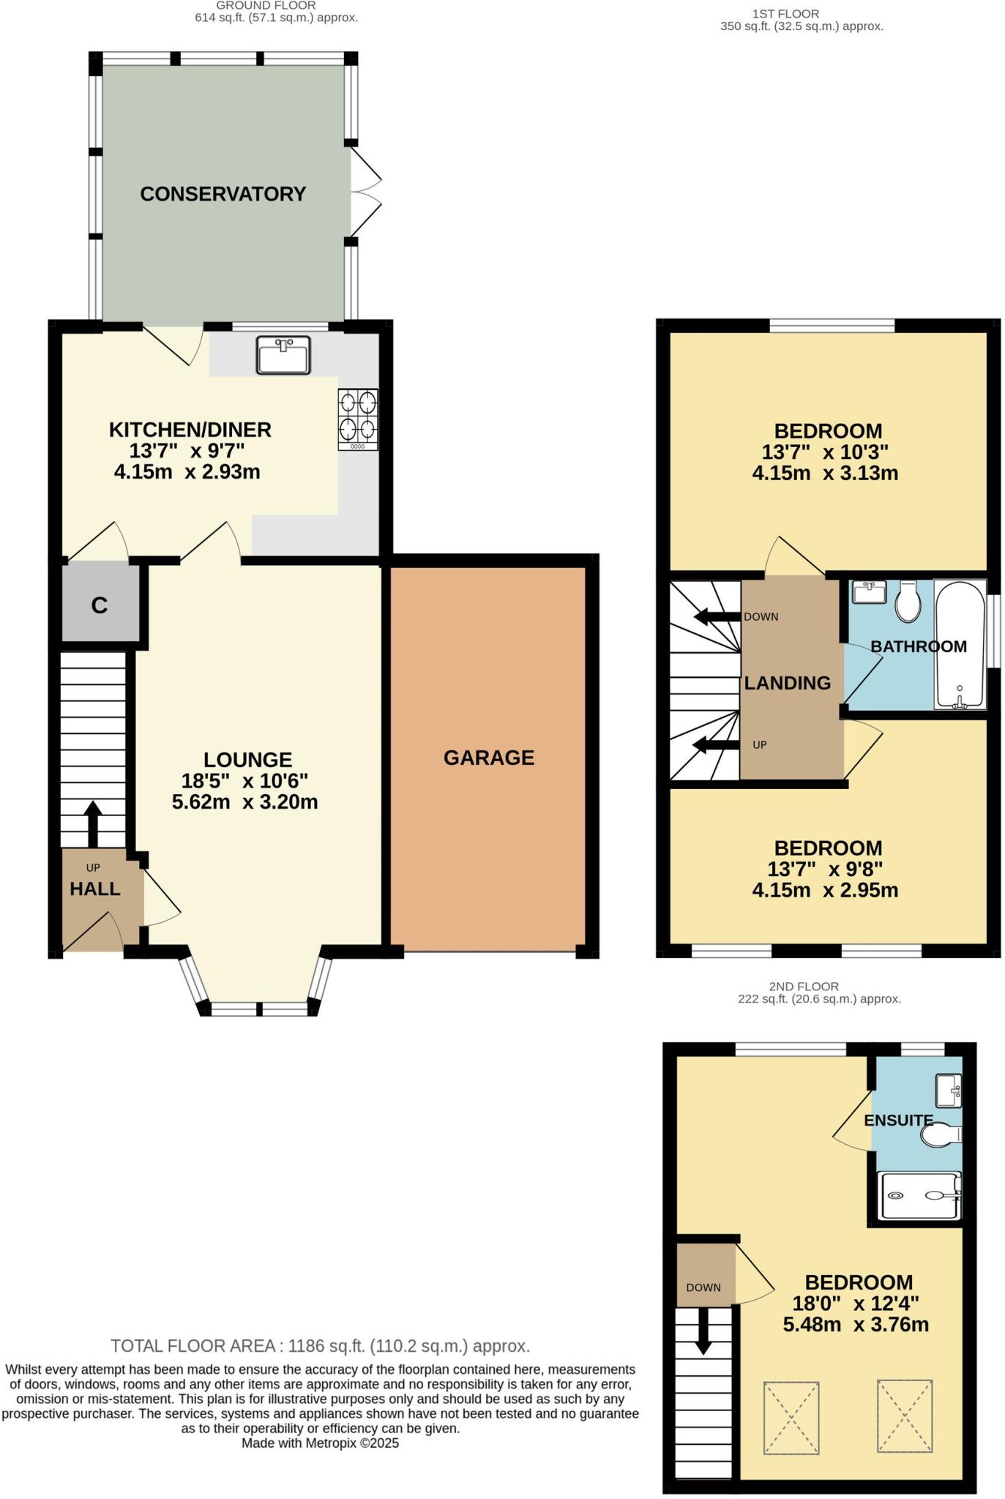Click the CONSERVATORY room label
[x=223, y=194]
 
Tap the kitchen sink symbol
[x=283, y=355]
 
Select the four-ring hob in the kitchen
[x=358, y=419]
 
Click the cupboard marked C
[x=99, y=605]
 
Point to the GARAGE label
[x=489, y=758]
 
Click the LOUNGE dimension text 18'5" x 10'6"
[x=244, y=781]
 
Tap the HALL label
[x=95, y=889]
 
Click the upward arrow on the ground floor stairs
[x=93, y=823]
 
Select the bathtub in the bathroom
[x=960, y=644]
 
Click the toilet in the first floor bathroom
[x=908, y=601]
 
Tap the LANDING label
[x=788, y=683]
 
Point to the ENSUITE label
[x=898, y=1121]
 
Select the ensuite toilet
[x=940, y=1135]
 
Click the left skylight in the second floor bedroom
[x=791, y=1418]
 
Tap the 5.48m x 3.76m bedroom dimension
[x=856, y=1325]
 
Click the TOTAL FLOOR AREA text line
[x=320, y=1346]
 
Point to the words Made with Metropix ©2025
[x=320, y=1443]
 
